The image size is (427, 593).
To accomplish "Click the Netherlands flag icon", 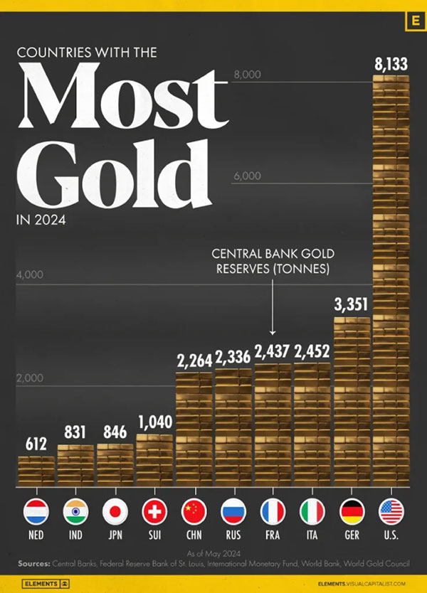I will tap(36, 511).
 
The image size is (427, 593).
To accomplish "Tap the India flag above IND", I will tap(75, 511).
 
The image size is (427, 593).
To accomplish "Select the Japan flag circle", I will tap(115, 511).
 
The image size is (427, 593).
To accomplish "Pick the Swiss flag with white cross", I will tap(154, 511).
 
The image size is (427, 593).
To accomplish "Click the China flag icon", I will tap(194, 511).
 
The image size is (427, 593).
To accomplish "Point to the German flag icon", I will tap(352, 511).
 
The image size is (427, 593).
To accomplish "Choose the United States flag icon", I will tap(391, 511).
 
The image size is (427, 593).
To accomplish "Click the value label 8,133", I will tap(391, 65).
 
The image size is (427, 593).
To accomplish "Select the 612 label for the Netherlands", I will tap(36, 445).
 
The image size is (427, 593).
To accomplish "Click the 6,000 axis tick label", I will tap(248, 176).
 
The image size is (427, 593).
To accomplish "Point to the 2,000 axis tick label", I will tap(31, 378).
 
